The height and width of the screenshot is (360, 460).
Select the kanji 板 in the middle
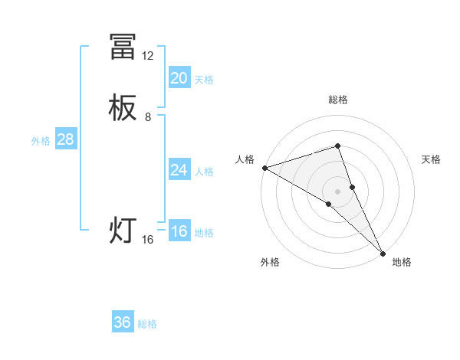[x=123, y=110]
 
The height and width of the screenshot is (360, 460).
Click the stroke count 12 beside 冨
[x=147, y=56]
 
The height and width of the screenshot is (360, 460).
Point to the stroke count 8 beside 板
[x=148, y=117]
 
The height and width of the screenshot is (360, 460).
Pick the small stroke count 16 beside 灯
[x=148, y=240]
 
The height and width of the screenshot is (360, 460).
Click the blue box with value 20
[x=179, y=78]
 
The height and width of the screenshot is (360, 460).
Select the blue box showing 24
[x=179, y=170]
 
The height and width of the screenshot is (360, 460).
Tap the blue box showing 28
[x=65, y=139]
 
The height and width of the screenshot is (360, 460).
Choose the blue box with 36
[x=123, y=322]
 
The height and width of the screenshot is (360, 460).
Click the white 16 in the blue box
[x=179, y=231]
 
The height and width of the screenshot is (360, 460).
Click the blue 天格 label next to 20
[x=204, y=80]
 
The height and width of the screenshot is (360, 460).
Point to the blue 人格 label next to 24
[x=204, y=172]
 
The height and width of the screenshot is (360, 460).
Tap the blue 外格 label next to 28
[x=41, y=141]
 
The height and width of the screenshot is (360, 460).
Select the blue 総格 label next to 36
[x=147, y=324]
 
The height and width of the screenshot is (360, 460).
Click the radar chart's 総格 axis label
[x=338, y=100]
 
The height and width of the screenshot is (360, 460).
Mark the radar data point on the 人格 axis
[x=264, y=168]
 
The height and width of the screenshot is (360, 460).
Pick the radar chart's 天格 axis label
[x=431, y=159]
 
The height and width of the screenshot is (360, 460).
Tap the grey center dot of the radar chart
[x=338, y=191]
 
